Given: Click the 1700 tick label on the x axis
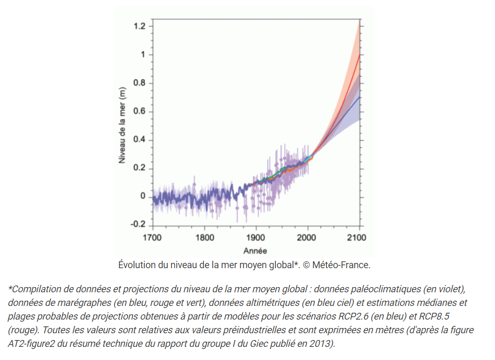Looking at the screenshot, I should (153, 238).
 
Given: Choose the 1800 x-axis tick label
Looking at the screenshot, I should (205, 238).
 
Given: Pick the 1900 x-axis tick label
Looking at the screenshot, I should (255, 238).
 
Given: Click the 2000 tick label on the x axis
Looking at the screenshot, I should (307, 238).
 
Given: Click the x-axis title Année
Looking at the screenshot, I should (255, 250).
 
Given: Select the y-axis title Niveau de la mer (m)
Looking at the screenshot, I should (122, 125).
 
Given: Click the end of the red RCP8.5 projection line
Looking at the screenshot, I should (359, 55).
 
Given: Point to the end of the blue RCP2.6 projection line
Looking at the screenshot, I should (359, 97).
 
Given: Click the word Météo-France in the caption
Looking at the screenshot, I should (341, 265).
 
